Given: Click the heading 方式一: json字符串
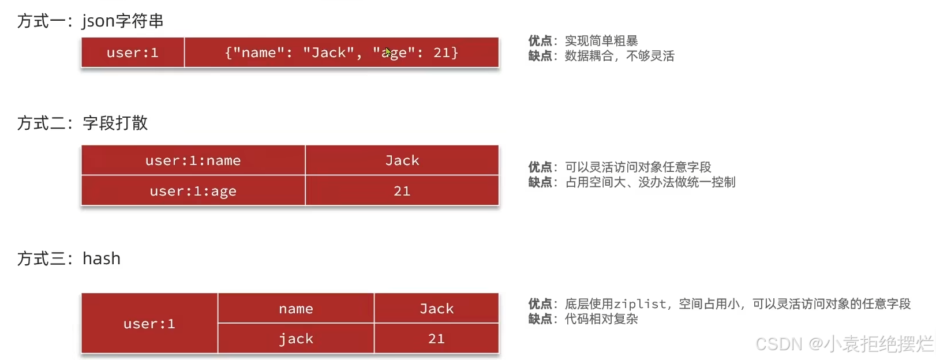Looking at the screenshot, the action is coord(91,21).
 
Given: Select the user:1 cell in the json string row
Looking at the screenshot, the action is coord(132,52).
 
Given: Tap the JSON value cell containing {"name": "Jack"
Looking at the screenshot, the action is coord(341,52).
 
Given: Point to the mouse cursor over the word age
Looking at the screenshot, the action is coord(388,52).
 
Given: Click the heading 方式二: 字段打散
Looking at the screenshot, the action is coord(83,123).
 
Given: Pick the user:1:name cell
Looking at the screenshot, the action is coord(193,160).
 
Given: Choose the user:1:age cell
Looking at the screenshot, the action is coord(193,191).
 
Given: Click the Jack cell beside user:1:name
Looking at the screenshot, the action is coord(402,160).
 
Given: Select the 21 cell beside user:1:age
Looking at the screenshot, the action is coord(402,191).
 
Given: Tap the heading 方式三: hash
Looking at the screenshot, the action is coord(69,258).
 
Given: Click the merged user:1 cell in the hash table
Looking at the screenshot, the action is coord(149,324).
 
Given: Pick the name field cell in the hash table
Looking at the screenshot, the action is coord(295,309).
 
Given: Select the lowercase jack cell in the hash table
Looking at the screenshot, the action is coord(295,339).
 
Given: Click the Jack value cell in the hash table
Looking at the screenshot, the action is coord(436,309).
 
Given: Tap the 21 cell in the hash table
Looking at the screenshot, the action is coord(436,339).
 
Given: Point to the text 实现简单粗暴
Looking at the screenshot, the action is coord(601,41).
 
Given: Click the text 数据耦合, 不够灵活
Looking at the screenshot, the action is coord(619,56).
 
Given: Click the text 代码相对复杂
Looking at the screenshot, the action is coord(601,319).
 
